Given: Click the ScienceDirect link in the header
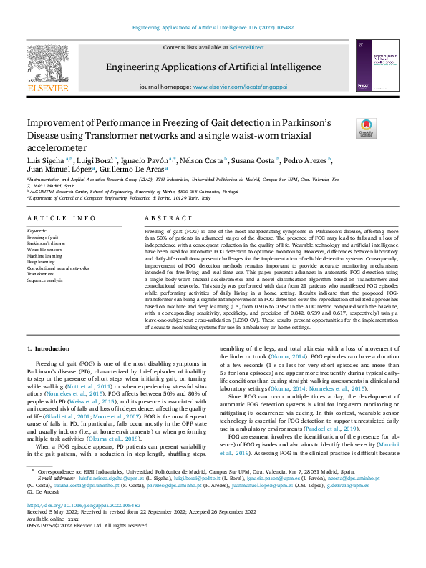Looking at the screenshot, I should pos(246,47).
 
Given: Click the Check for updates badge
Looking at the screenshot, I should pos(366,129).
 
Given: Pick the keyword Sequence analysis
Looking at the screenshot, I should pos(44,280).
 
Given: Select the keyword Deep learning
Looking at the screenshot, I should pos(41,262).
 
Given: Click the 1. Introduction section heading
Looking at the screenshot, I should pos(53,348).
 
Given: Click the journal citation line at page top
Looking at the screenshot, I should pos(213,28).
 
